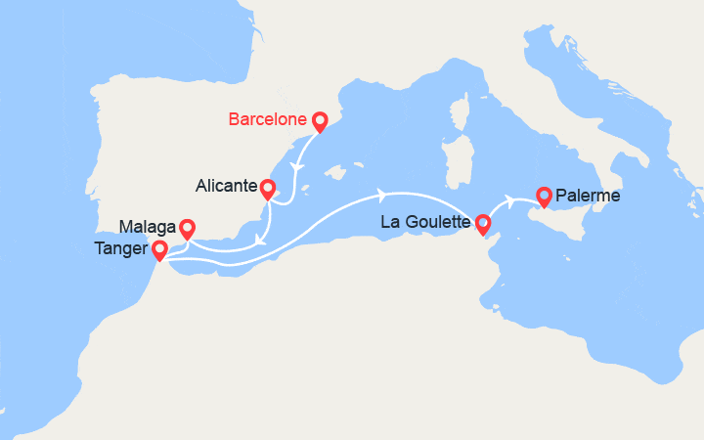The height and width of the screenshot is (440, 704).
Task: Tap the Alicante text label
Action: [x=228, y=186]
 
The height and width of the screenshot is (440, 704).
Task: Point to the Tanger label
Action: [x=122, y=250]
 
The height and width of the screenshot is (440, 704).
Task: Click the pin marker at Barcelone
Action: [x=319, y=121]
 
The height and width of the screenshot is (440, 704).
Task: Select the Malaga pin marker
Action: [x=186, y=227]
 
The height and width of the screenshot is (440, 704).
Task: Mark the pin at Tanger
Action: [x=160, y=251]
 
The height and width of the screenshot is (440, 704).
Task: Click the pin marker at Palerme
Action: [x=543, y=196]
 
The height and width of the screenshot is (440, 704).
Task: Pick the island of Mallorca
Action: [x=339, y=174]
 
